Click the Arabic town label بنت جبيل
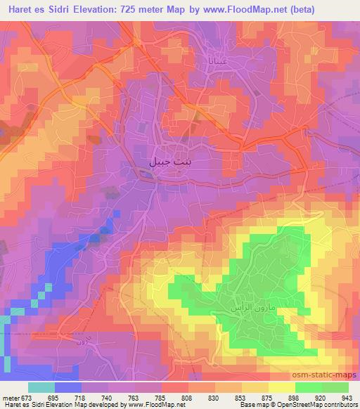pyautogui.click(x=171, y=161)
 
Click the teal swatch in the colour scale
pyautogui.click(x=41, y=387)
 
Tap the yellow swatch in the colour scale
pyautogui.click(x=282, y=387)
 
